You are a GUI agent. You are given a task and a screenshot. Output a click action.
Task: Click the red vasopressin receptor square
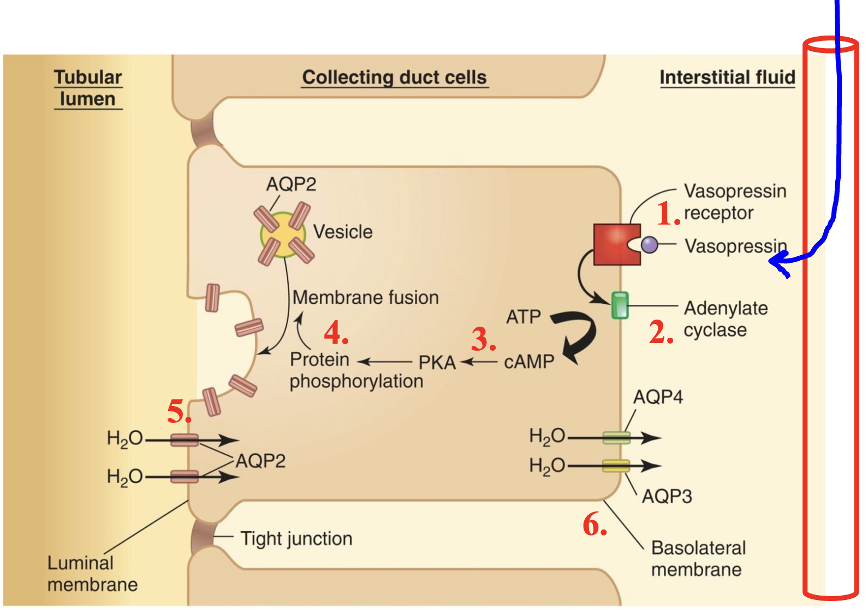point(613,244)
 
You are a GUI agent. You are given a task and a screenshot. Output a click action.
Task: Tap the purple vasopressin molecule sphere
point(650,245)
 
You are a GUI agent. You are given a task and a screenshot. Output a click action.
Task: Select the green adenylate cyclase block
point(620,305)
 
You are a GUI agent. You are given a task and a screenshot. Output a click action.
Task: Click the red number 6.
point(594,525)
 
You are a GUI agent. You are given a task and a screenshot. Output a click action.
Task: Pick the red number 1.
point(667,214)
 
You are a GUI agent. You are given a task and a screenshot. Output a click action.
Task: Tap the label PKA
point(437,363)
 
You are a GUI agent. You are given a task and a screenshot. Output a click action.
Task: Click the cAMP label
point(528,362)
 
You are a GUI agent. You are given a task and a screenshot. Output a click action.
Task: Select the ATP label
point(523,317)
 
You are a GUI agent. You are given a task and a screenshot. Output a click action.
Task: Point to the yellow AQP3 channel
point(616,466)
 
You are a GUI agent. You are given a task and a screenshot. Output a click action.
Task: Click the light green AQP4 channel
point(616,437)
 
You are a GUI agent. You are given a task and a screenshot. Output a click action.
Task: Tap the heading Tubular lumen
point(88,88)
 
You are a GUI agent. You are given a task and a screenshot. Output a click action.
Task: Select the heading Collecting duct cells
point(394,78)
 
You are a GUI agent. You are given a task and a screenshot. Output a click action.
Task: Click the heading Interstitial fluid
point(727,78)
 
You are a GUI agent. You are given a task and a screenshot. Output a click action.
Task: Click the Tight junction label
point(296,539)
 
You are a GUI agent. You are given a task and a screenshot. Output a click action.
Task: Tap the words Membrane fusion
point(365,298)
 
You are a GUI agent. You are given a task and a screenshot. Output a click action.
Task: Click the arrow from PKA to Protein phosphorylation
point(385,362)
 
